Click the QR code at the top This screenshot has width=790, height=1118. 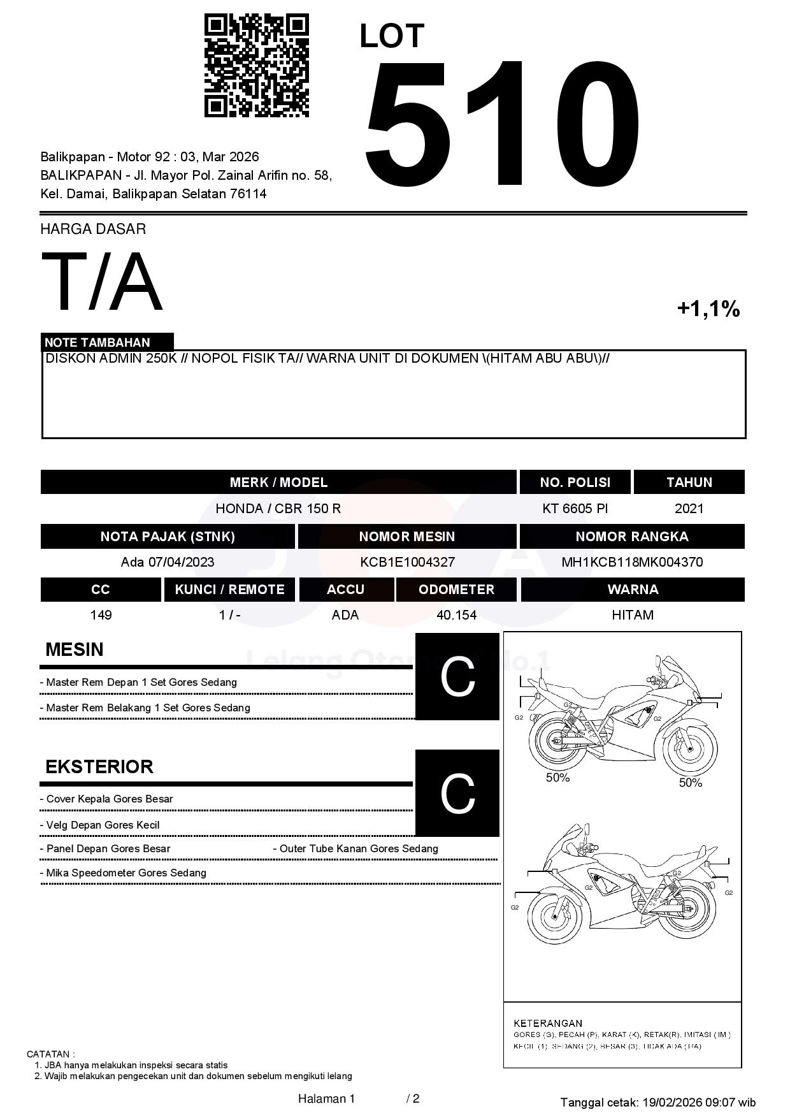[256, 66]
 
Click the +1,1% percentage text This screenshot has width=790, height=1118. [708, 309]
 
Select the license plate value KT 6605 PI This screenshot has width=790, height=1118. [575, 509]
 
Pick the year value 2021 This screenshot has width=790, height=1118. [689, 509]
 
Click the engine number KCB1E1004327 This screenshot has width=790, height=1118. [407, 562]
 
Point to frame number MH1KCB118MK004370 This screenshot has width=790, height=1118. [631, 562]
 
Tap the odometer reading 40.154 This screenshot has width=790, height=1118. [456, 615]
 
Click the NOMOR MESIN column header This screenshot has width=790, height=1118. [406, 537]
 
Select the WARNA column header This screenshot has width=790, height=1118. [632, 590]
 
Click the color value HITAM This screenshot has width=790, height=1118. [632, 615]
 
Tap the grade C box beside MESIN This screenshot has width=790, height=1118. [457, 676]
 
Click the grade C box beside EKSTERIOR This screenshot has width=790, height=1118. [457, 793]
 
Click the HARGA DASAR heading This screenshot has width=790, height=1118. [93, 229]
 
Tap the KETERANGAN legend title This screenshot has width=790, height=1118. [548, 1023]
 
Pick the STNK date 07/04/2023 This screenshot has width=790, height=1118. [181, 562]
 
